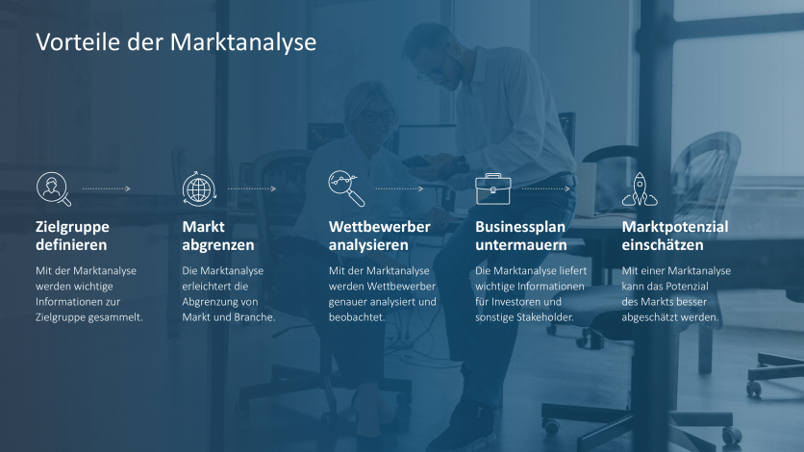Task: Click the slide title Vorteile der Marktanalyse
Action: point(176,42)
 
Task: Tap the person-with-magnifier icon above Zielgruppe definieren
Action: point(53,188)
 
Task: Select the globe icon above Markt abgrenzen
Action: point(199,188)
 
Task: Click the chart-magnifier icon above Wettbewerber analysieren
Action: point(346,188)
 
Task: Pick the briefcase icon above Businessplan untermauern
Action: point(492,188)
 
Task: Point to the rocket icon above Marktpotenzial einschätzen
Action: point(640,188)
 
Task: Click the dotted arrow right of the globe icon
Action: point(252,188)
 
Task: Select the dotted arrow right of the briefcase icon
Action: point(545,188)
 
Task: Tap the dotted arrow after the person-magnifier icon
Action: point(106,188)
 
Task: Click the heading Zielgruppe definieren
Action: point(72,236)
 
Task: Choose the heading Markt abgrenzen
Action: point(218,236)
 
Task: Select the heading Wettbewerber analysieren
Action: point(379,236)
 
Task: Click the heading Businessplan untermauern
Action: point(520,236)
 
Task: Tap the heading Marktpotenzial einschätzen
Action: point(675,236)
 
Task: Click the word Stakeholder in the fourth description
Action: point(545,317)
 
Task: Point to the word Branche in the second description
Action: point(254,317)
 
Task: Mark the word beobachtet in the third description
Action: point(356,317)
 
